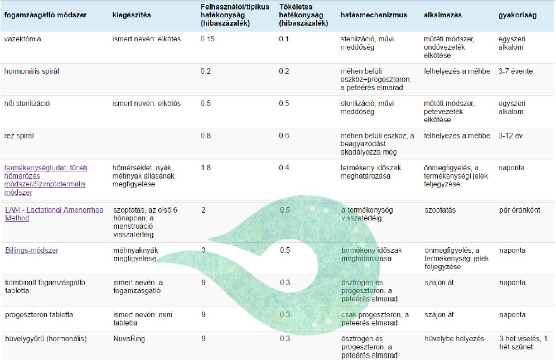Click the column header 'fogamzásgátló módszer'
pos(45,15)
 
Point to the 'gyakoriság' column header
pos(517,15)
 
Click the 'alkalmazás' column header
pos(443,15)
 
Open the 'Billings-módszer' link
pos(32,251)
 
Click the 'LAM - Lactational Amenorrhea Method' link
pos(54,214)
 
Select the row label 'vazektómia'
pos(22,40)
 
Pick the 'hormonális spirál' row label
pos(32,71)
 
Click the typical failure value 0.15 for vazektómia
pos(207,40)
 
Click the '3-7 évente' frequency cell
pos(515,71)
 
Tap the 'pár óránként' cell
pos(519,210)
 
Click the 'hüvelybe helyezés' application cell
pos(454,339)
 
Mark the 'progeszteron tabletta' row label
pos(39,315)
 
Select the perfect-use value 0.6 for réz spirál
pos(284,136)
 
